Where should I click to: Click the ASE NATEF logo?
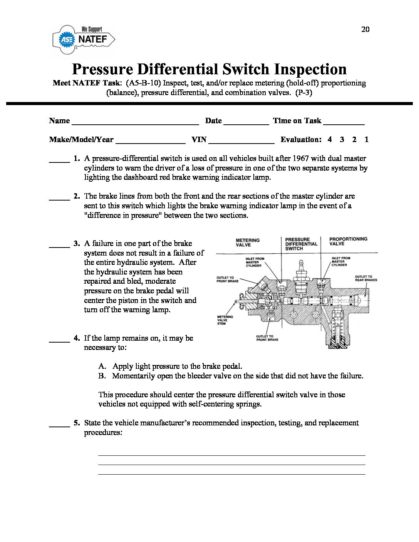[x=84, y=39]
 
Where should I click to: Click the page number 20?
[x=365, y=29]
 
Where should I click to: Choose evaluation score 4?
[x=330, y=139]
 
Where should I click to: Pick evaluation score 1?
[x=366, y=139]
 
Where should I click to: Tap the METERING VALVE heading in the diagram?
[x=248, y=243]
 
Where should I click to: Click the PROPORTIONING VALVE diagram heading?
[x=348, y=241]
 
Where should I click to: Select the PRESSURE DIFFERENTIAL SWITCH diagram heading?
[x=301, y=244]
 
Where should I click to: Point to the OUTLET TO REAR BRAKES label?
[x=366, y=278]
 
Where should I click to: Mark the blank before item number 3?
[x=59, y=245]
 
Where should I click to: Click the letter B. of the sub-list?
[x=102, y=376]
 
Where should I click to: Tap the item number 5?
[x=77, y=423]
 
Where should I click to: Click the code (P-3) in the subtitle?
[x=303, y=92]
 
